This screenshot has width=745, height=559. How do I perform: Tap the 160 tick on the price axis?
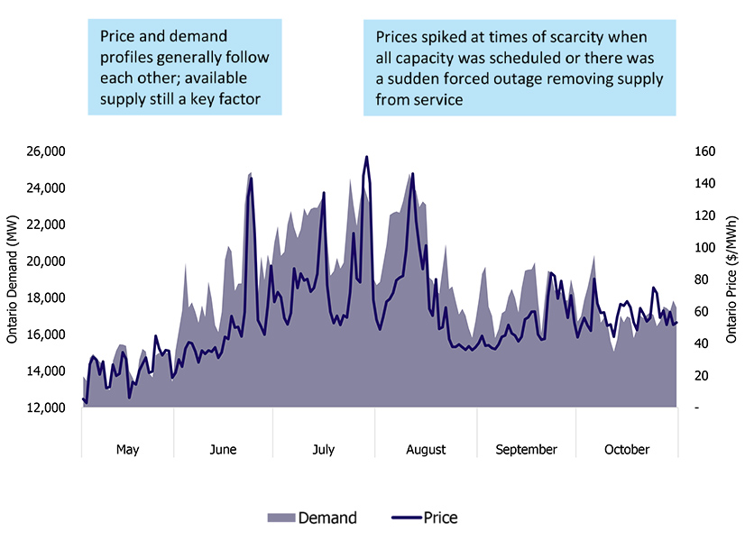[703, 151]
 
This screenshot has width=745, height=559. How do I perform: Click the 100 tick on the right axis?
[703, 248]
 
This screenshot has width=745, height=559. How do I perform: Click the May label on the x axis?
[128, 450]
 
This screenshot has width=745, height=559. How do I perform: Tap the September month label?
[526, 450]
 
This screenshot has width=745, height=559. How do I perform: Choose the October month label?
[627, 450]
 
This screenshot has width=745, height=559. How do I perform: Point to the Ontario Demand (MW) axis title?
[13, 279]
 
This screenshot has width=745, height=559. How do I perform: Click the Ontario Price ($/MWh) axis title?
[731, 279]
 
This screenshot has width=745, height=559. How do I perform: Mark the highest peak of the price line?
[366, 157]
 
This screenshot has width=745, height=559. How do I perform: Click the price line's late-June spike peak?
[251, 178]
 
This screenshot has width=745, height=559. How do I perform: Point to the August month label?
[426, 450]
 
